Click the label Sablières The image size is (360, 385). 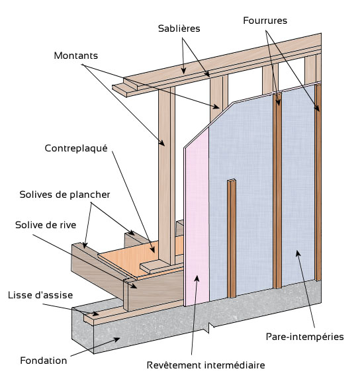(179, 28)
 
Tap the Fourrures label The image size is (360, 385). (265, 21)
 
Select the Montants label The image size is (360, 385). (76, 56)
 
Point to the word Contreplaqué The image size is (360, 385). (76, 149)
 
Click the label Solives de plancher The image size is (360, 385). (65, 194)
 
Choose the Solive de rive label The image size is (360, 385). (46, 225)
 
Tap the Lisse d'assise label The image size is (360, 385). (40, 295)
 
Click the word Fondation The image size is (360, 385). (44, 361)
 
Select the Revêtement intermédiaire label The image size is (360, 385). (206, 365)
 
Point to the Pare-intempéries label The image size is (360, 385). (305, 337)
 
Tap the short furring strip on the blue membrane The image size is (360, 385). (232, 238)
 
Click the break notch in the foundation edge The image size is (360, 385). (210, 328)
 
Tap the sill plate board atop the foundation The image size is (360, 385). (132, 313)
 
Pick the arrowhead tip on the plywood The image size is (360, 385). (154, 253)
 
